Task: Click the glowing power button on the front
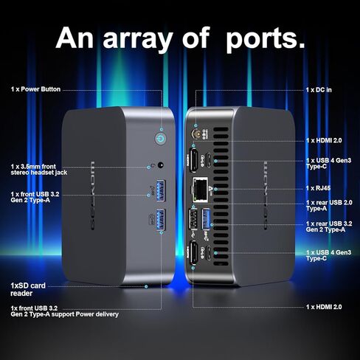(x=160, y=139)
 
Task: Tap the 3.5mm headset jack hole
(x=161, y=165)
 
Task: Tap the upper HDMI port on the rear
(x=193, y=159)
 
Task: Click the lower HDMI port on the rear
(x=193, y=252)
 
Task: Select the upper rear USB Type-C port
(x=208, y=160)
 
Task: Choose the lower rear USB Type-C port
(x=208, y=253)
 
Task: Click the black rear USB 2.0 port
(x=193, y=218)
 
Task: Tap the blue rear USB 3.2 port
(x=206, y=218)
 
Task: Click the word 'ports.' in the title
(x=266, y=39)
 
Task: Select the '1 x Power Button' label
(x=35, y=89)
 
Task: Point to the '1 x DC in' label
(x=319, y=90)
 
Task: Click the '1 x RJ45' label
(x=318, y=188)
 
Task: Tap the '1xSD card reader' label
(x=28, y=289)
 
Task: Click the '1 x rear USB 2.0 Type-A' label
(x=329, y=206)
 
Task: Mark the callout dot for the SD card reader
(x=146, y=286)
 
